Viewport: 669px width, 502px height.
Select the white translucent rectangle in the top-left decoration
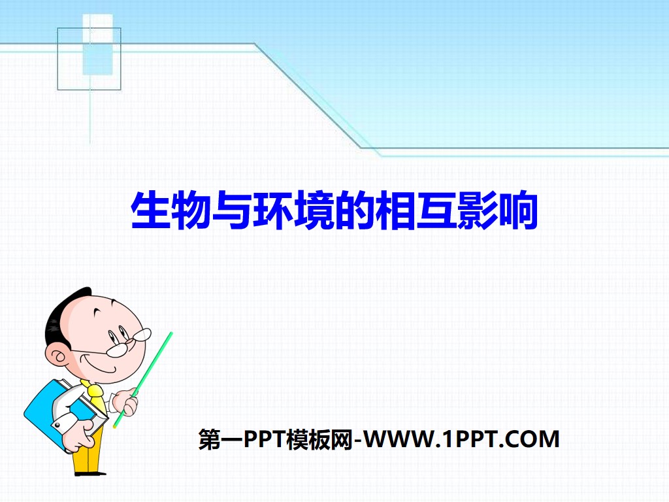coord(97,44)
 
